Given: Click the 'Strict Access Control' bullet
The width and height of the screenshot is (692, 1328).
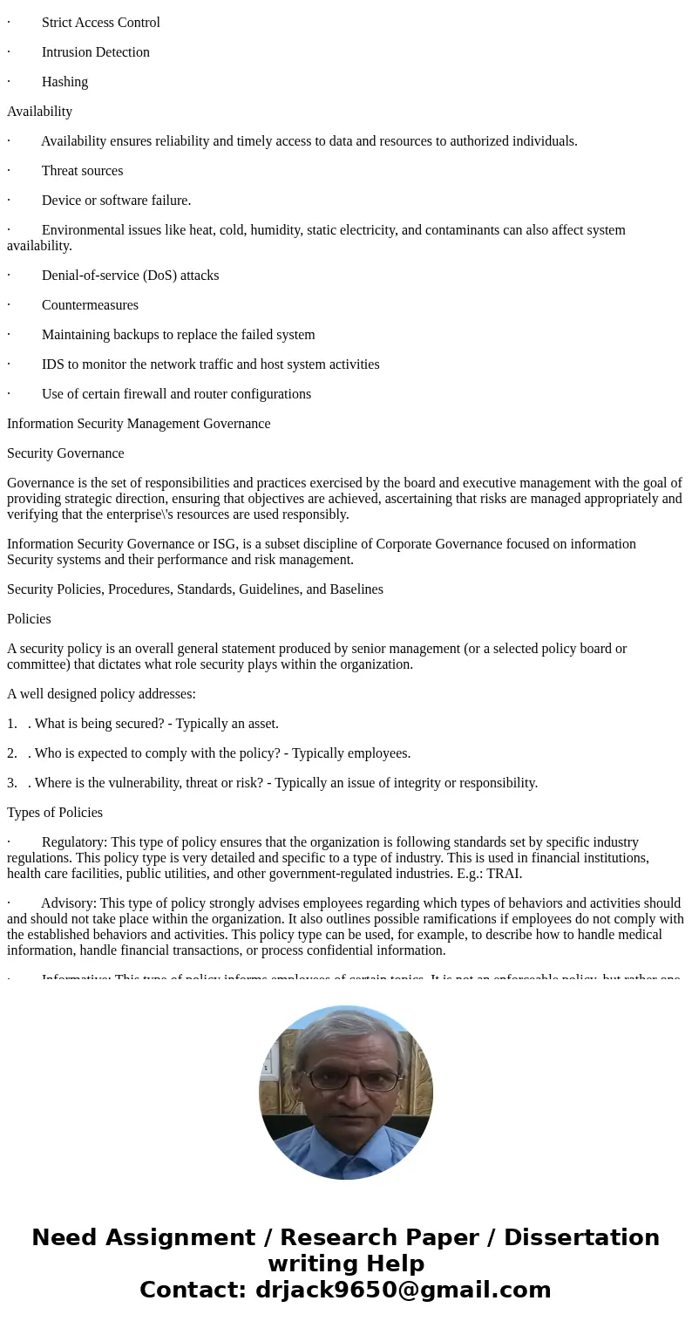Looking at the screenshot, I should coord(100,23).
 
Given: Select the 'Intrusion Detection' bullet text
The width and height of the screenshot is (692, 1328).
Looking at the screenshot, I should coord(95,52).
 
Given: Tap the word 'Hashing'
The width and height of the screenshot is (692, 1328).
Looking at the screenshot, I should coord(64,82).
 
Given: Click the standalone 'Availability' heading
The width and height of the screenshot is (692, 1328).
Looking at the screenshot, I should coord(39,112).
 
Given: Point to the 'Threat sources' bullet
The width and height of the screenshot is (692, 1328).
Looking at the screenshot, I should coord(82,171).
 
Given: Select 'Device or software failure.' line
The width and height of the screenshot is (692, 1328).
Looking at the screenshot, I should coord(116,201).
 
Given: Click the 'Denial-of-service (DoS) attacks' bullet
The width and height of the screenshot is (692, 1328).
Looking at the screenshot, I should coord(130,276).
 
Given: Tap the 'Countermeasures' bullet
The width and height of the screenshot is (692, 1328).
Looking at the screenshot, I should coord(90,305).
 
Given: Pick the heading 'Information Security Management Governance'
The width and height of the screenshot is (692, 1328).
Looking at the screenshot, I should coord(139,424).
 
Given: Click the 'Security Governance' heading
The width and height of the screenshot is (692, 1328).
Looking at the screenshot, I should coord(65,453).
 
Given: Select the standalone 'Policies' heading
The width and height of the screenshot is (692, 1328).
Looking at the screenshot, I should coord(29,619).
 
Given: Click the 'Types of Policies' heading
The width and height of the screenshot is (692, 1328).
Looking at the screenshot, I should coord(55,813).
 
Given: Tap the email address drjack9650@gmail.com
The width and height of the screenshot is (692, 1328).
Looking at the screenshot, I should coord(403,1290).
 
